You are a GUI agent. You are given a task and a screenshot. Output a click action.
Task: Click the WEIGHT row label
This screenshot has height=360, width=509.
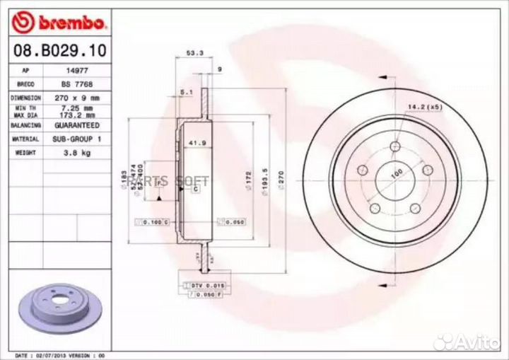tap(25, 152)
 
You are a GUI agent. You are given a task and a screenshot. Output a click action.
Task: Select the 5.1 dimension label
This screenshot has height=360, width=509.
tap(187, 92)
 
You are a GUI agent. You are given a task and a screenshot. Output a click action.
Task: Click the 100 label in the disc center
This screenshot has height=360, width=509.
tap(397, 173)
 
